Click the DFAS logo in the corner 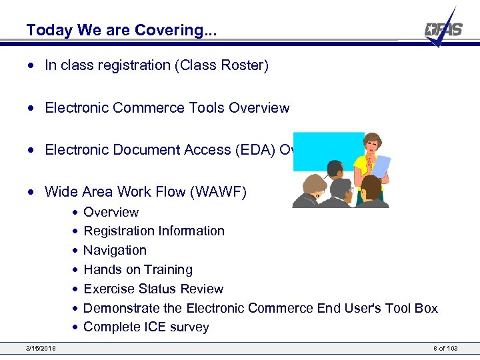click(x=443, y=29)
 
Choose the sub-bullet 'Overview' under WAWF click(x=111, y=213)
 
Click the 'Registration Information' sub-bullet click(x=153, y=231)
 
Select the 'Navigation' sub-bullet click(x=115, y=251)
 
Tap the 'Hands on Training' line click(x=137, y=270)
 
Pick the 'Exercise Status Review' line click(x=153, y=289)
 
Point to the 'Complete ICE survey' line click(x=146, y=327)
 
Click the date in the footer click(x=41, y=348)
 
